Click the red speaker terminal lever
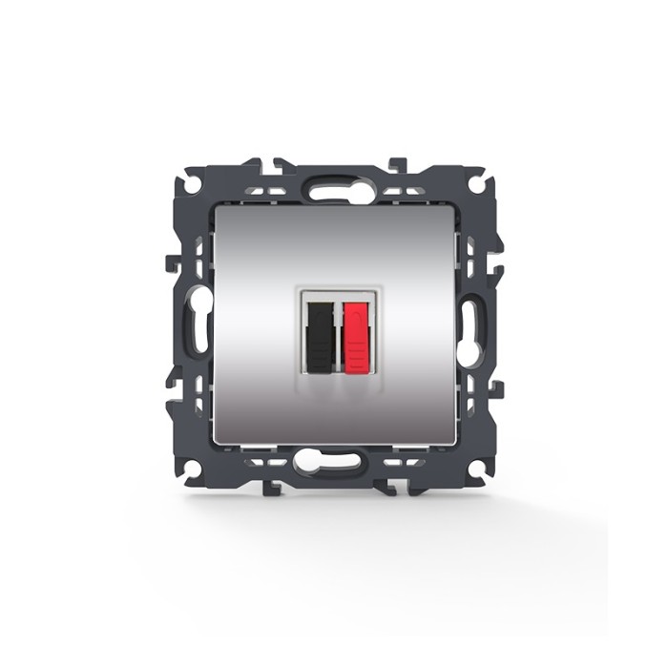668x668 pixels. coord(355,336)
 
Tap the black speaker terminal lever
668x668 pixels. coord(321,336)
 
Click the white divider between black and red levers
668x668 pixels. coord(338,336)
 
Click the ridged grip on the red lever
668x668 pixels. coord(355,359)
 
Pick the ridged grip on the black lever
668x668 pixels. coord(321,359)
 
